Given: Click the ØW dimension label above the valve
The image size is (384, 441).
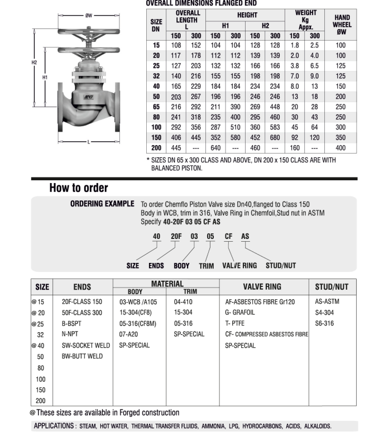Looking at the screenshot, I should point(88,16).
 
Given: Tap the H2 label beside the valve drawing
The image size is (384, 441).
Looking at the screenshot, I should point(35,62).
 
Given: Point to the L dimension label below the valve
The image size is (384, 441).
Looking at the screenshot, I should point(88,142).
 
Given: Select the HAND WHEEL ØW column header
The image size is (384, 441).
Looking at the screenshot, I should point(342,25).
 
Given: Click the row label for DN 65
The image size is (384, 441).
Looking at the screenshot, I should point(156,106).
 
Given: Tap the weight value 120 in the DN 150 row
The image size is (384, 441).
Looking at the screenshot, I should point(315,137).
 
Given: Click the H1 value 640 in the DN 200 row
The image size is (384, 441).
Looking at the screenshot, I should point(215,148).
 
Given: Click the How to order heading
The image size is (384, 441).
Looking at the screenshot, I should point(79,188).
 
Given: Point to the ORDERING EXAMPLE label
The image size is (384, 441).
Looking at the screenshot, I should point(102,204).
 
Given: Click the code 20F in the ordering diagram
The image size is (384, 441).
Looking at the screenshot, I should point(176,236).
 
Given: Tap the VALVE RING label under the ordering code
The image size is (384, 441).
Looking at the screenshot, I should point(239,266).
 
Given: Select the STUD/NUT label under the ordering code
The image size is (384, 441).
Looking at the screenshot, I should point(281,266).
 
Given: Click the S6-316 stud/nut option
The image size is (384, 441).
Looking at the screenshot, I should point(324,323).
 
